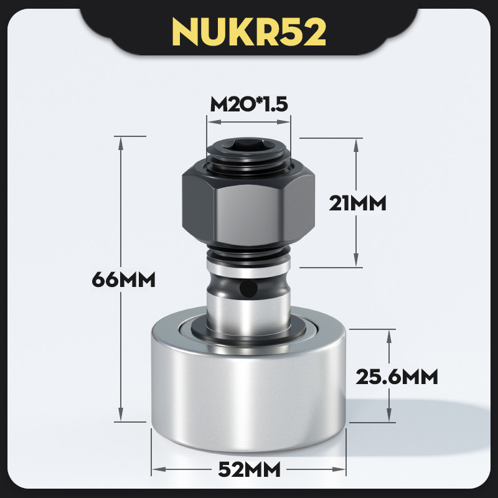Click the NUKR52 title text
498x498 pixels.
(x=249, y=32)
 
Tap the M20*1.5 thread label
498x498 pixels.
(x=249, y=105)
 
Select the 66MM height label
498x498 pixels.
(x=123, y=280)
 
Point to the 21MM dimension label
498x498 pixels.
(x=357, y=204)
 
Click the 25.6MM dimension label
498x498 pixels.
(x=397, y=377)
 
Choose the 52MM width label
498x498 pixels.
(x=250, y=469)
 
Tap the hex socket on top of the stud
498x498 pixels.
(x=248, y=145)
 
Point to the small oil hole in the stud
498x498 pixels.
(x=248, y=289)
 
